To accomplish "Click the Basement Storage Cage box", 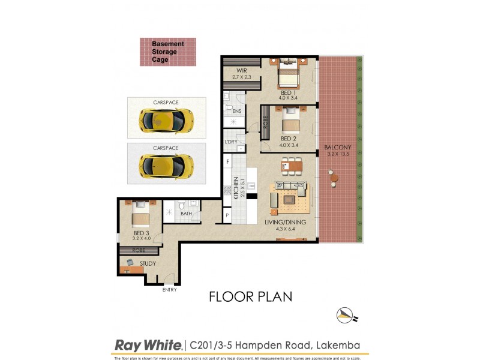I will coord(168,52).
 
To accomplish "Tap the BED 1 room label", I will coord(288,93).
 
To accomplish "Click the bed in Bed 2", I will coord(290,124).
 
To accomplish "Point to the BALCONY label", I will coord(337,148).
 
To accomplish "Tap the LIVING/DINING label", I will coord(286,223).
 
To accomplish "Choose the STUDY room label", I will coord(148,263).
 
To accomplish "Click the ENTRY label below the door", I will coord(170,290).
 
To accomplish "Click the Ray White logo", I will coord(148,345).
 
